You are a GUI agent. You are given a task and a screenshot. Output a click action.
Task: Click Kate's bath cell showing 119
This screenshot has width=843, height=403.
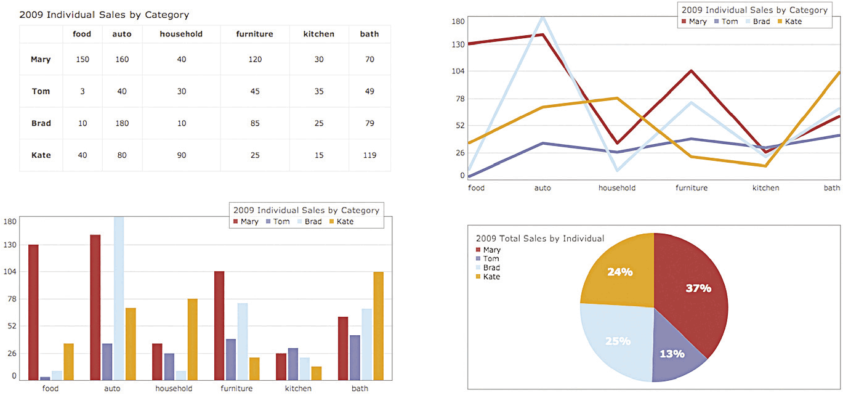click(369, 155)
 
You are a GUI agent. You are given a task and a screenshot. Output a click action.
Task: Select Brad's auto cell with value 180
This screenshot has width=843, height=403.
click(122, 123)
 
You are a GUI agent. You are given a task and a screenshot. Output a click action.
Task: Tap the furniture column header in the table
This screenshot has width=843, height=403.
click(254, 34)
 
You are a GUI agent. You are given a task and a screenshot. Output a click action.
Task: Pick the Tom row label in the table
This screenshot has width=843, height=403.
click(41, 91)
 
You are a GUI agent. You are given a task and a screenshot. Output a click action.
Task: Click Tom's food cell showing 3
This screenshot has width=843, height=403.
click(82, 91)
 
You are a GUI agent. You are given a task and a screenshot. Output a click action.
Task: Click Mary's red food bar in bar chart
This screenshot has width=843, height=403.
click(33, 312)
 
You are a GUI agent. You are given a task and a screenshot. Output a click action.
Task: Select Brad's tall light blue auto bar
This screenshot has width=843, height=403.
click(119, 298)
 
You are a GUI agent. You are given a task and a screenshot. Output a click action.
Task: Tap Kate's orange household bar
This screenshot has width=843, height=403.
click(193, 339)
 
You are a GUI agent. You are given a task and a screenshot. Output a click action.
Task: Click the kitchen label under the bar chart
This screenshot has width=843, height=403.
click(298, 389)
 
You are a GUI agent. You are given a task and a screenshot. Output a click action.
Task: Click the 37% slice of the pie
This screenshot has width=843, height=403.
click(693, 290)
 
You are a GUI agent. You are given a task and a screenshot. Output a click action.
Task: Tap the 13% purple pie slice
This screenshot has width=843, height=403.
click(674, 351)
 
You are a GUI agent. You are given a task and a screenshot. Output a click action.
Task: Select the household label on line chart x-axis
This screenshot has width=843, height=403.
click(616, 188)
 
